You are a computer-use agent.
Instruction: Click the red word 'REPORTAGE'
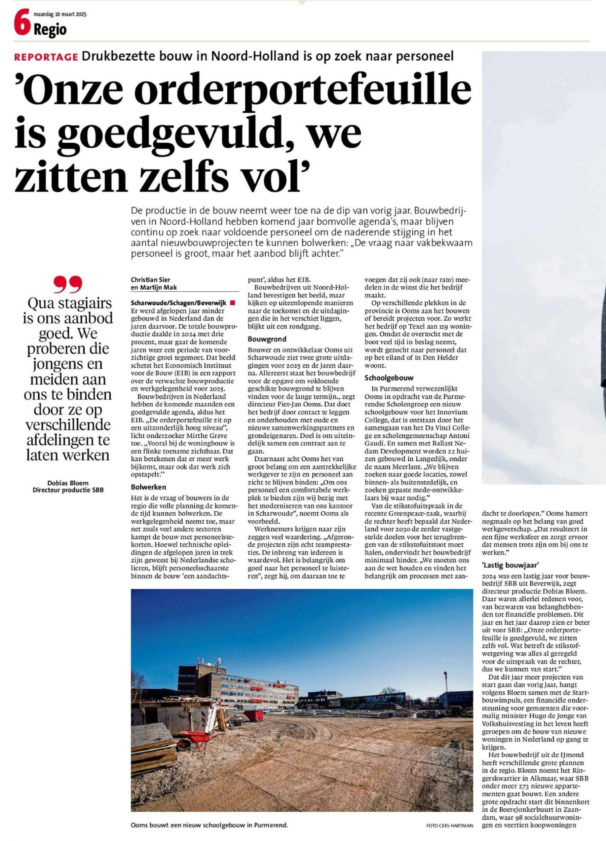pyautogui.click(x=46, y=57)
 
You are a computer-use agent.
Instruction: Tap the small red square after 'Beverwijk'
pyautogui.click(x=233, y=303)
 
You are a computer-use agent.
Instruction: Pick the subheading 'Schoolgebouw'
pyautogui.click(x=384, y=378)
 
